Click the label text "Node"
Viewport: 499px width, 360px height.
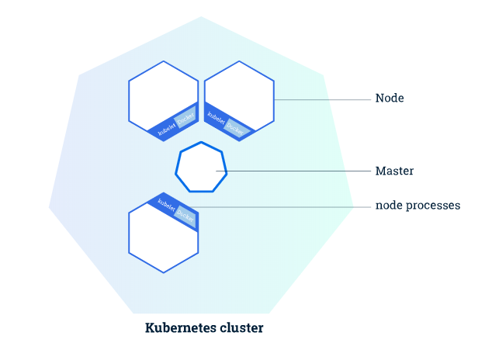(x=390, y=99)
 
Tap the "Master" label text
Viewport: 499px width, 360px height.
(x=394, y=171)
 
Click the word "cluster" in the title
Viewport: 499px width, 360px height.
(x=241, y=328)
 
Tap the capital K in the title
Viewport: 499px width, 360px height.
(x=150, y=328)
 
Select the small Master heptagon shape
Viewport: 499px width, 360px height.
(x=201, y=168)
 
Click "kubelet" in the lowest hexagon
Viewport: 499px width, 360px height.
(x=166, y=206)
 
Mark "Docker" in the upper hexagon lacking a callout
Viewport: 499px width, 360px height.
(x=185, y=119)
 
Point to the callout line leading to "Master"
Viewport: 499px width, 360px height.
(x=295, y=171)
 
